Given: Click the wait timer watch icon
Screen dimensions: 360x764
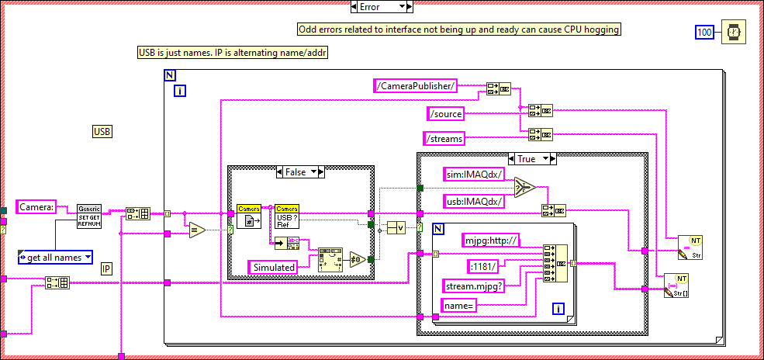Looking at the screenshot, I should (731, 33).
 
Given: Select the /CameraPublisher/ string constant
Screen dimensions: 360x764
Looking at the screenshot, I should (415, 85).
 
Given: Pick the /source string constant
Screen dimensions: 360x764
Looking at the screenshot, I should (446, 114).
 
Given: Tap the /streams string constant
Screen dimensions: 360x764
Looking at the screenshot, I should (444, 139).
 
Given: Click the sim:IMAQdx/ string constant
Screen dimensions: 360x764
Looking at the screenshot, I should (473, 174).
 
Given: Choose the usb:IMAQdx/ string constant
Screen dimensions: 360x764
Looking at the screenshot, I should (473, 201).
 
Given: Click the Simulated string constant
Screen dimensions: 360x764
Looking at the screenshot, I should (274, 267).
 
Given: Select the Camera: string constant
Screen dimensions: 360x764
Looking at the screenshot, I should (36, 207).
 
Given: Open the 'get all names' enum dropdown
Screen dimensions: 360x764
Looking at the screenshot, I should (55, 257).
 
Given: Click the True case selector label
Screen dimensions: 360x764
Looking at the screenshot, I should (531, 158).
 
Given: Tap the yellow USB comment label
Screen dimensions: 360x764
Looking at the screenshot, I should (102, 132).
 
